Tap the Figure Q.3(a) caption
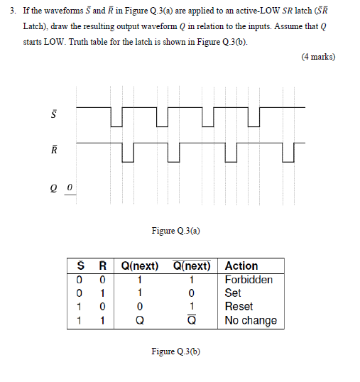click(x=175, y=230)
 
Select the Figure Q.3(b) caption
click(x=175, y=351)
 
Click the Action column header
click(x=241, y=266)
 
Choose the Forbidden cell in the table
click(x=249, y=279)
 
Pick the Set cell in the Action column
click(x=233, y=293)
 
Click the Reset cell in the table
click(x=239, y=306)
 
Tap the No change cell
click(x=251, y=320)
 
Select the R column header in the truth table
click(x=102, y=266)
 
